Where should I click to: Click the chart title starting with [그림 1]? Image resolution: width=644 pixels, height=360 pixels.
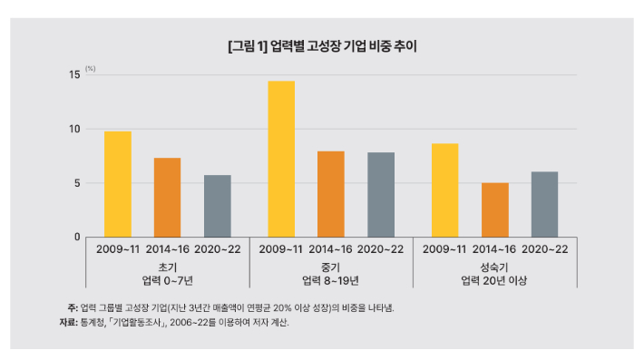tap(322, 44)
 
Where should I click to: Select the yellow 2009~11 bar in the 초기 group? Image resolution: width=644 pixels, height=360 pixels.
tap(118, 184)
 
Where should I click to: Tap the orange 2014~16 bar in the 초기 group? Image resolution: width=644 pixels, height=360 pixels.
tap(167, 198)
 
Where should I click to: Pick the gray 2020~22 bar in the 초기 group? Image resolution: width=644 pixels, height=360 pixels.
tap(217, 206)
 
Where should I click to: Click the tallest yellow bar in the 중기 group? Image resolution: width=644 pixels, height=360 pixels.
tap(281, 159)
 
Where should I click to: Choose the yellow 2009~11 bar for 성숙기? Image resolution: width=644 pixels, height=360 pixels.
tap(445, 190)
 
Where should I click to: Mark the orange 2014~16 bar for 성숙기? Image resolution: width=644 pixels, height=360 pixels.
tap(495, 209)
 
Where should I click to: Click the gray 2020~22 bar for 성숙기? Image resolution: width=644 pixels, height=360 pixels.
tap(544, 204)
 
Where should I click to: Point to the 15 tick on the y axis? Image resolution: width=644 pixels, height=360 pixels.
tap(74, 75)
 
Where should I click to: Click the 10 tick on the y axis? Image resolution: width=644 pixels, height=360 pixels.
tap(74, 129)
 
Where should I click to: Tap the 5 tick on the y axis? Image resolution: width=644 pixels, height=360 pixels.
tap(77, 183)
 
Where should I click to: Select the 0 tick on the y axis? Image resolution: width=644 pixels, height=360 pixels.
tap(77, 237)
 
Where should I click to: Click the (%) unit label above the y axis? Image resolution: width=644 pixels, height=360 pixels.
tap(91, 68)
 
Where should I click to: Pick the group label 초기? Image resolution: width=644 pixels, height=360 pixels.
tap(167, 268)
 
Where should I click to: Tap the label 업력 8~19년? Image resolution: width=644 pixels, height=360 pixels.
tap(331, 281)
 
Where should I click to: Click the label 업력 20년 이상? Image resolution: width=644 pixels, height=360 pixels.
tap(494, 281)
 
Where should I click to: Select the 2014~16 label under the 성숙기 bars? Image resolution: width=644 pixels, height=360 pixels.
tap(495, 248)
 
